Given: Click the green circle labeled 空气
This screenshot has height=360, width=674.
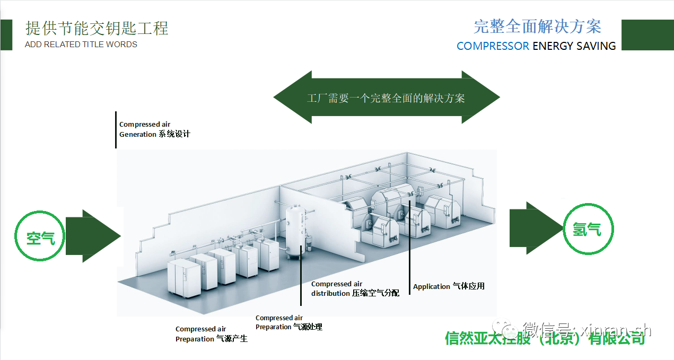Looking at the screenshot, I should coord(40,237).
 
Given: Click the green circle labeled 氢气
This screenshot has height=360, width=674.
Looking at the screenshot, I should coord(587,229).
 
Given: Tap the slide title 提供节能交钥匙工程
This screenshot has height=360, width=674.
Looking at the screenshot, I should coord(97,28).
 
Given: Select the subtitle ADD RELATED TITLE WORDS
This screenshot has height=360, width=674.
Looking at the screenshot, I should coord(81,45).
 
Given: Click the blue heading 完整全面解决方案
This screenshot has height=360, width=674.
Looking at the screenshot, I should coord(537,27).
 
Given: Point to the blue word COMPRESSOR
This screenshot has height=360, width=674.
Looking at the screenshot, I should coord(493,46).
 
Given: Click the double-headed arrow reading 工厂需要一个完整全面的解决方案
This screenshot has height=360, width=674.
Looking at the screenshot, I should coord(386,98).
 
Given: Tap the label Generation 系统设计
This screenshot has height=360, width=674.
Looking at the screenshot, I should coord(154,134).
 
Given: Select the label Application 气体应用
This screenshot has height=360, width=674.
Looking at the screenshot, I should coord(449,286).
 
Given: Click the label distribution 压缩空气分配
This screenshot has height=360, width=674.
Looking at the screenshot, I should coord(355,293).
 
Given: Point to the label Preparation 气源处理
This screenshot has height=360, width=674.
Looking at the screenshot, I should coord(288,327).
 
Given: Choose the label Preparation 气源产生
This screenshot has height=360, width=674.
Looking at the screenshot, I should coord(211,339).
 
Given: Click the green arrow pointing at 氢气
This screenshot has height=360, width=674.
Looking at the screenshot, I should coord(533,228).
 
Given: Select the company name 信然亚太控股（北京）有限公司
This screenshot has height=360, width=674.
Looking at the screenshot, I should coord(545,338).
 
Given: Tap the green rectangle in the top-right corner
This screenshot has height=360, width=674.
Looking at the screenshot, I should coord(647,35).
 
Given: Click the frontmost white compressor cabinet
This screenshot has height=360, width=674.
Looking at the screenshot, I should coord(182,278).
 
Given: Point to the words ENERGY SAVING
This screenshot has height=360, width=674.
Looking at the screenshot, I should coord(574,46).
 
